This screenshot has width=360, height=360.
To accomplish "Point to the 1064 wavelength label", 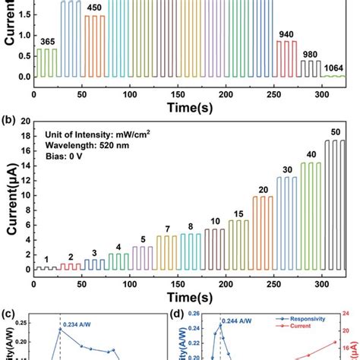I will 333,68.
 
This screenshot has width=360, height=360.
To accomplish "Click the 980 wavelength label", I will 311,54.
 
